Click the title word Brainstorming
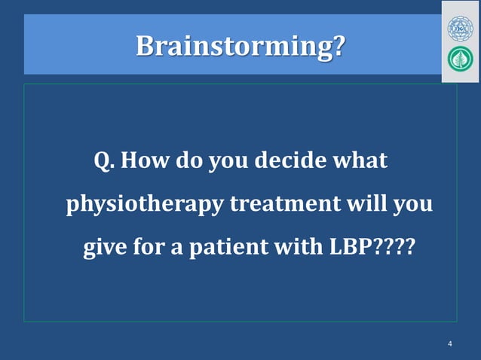tap(234, 46)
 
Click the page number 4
tap(450, 344)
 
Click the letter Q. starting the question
tap(104, 161)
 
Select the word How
tap(145, 161)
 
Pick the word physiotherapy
tap(141, 205)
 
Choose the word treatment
tap(277, 205)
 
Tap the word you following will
tap(413, 205)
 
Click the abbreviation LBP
tap(348, 248)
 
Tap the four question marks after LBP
tap(393, 248)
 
